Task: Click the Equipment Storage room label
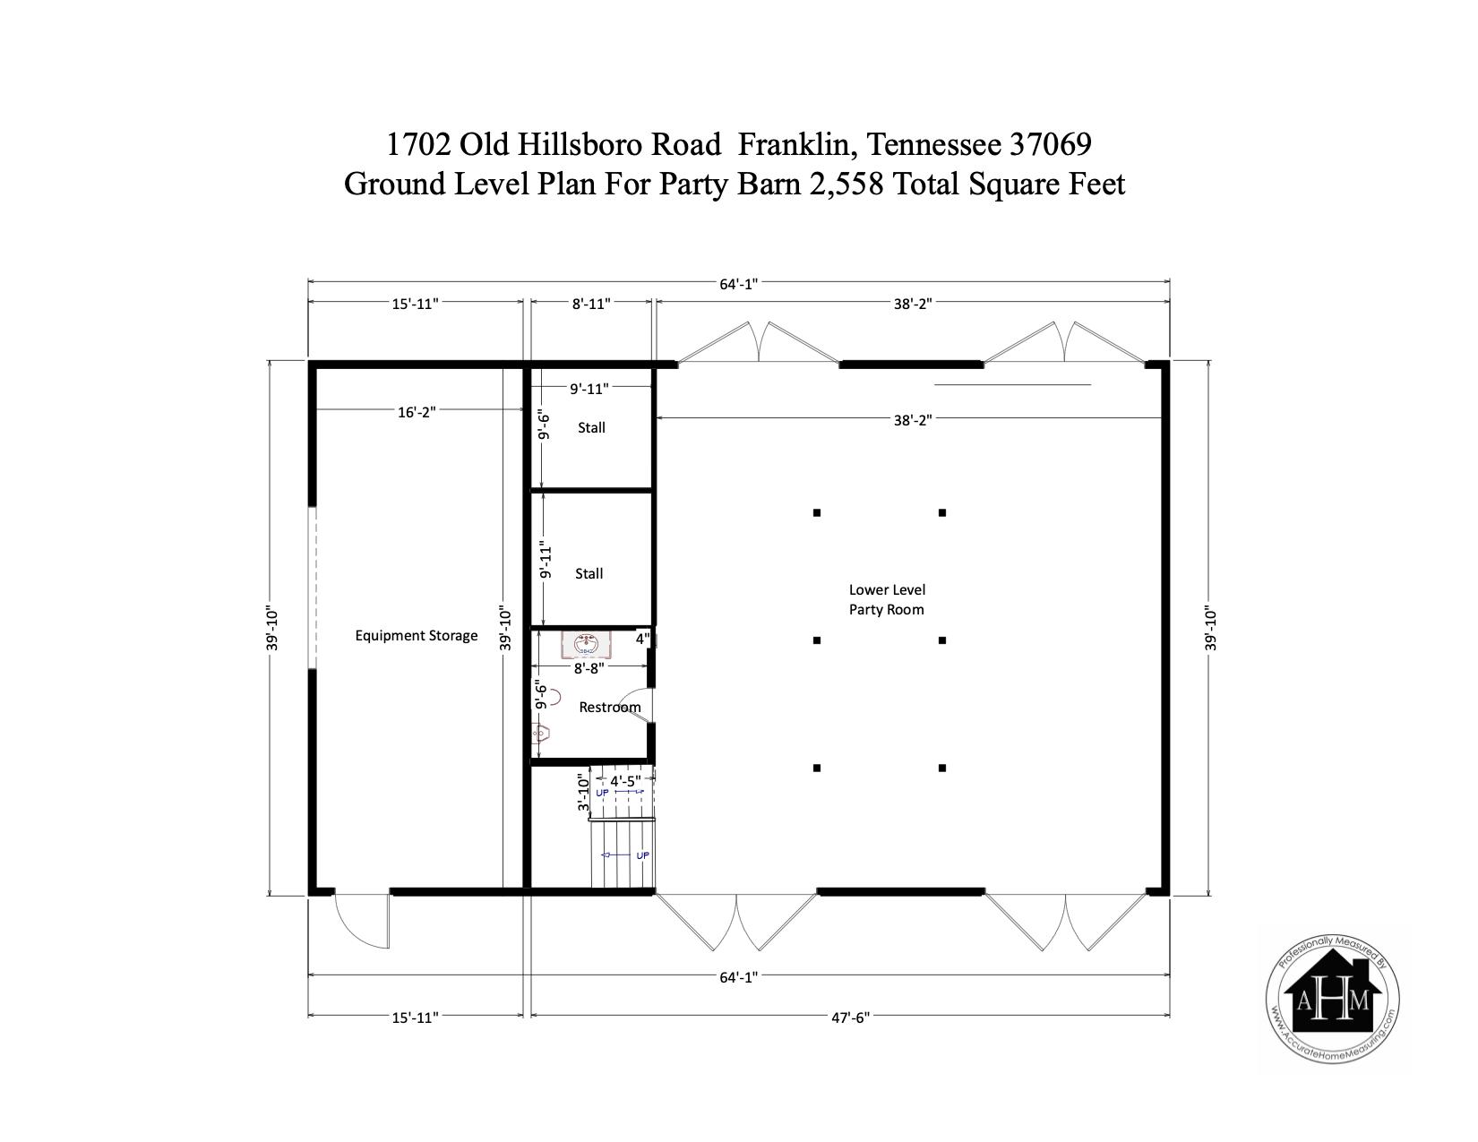[x=417, y=636]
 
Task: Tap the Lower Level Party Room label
[x=887, y=600]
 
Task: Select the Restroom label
[x=609, y=708]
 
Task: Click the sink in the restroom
[x=586, y=644]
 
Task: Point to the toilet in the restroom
[x=541, y=734]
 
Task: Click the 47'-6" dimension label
[x=850, y=1017]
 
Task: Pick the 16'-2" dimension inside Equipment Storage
[x=417, y=412]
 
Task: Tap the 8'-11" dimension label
[x=590, y=304]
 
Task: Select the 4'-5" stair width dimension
[x=625, y=782]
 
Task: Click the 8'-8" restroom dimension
[x=589, y=668]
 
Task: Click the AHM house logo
[x=1332, y=1000]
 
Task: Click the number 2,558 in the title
[x=846, y=184]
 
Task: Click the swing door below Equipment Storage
[x=362, y=920]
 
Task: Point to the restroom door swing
[x=639, y=705]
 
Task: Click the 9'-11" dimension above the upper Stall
[x=589, y=389]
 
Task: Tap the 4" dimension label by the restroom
[x=643, y=640]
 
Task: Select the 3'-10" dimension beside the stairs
[x=583, y=792]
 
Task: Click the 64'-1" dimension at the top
[x=739, y=284]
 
